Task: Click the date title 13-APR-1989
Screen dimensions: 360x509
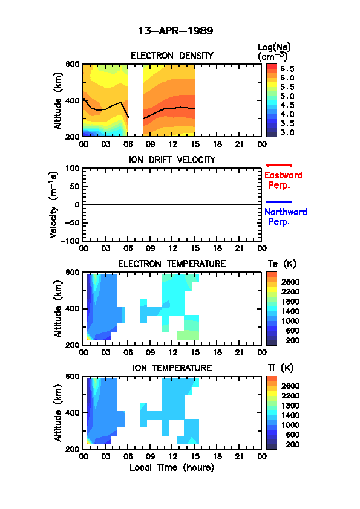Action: (x=175, y=31)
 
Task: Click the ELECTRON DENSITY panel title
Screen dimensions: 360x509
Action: (x=172, y=56)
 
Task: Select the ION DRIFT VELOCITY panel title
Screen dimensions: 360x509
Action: (x=172, y=160)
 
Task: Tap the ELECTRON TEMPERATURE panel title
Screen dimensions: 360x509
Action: (x=172, y=264)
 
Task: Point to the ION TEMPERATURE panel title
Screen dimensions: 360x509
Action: (x=172, y=368)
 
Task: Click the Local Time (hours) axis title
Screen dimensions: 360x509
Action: (x=172, y=468)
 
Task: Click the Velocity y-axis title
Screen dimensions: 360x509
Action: (x=54, y=204)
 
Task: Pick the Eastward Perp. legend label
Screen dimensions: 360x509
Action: (x=283, y=181)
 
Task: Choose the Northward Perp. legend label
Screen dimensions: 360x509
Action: (x=286, y=217)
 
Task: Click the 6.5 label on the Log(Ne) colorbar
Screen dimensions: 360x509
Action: (x=287, y=69)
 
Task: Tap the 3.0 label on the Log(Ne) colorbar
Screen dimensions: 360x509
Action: (x=287, y=132)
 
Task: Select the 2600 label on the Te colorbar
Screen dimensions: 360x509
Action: (x=290, y=282)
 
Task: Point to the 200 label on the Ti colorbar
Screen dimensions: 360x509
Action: (x=292, y=444)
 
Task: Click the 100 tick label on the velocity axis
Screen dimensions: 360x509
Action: (x=72, y=168)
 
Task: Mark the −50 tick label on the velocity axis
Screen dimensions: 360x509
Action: (x=71, y=222)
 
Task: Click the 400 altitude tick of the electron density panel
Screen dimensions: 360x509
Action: (x=72, y=100)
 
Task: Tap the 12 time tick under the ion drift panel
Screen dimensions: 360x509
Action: (x=172, y=248)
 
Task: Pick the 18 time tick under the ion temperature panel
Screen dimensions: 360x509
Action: (x=217, y=456)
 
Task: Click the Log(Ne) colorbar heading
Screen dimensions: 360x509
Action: (x=274, y=52)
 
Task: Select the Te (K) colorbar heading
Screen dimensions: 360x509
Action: (x=282, y=264)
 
